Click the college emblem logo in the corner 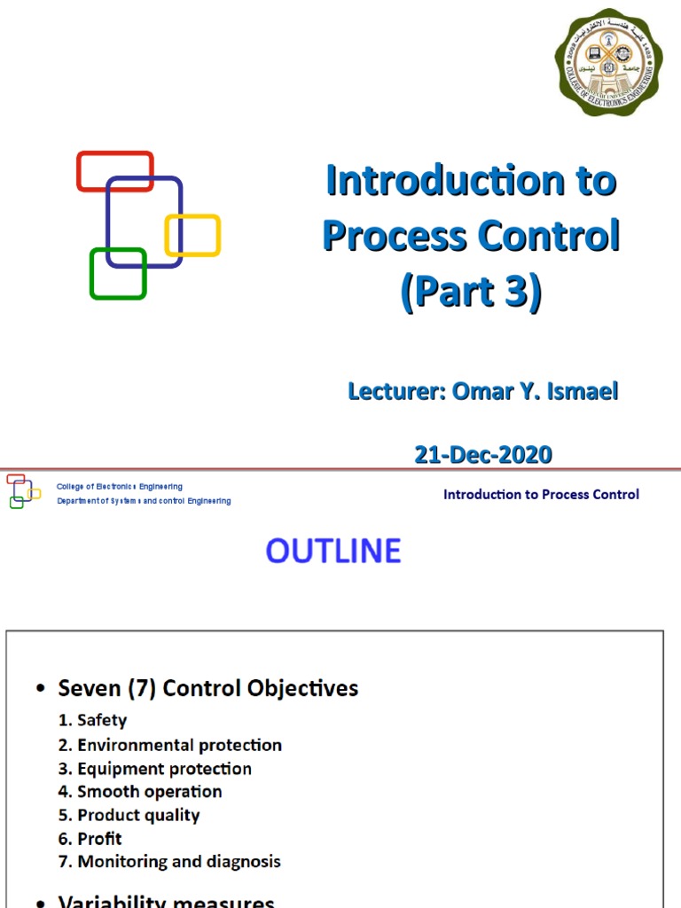click(608, 62)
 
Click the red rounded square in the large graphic click(114, 170)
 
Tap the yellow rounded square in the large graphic click(193, 235)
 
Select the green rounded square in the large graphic click(117, 274)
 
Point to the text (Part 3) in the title click(470, 294)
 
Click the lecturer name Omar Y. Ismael click(535, 391)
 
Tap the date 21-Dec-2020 click(483, 455)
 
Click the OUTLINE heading click(333, 552)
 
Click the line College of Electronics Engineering click(120, 487)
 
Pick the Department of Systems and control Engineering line click(144, 501)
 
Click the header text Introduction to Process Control click(541, 495)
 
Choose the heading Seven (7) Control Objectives click(207, 688)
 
